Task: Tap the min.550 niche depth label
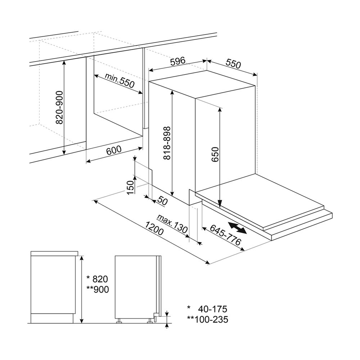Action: click(120, 81)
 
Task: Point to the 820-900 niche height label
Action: click(60, 107)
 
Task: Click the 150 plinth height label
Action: click(130, 187)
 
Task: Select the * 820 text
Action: click(97, 279)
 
